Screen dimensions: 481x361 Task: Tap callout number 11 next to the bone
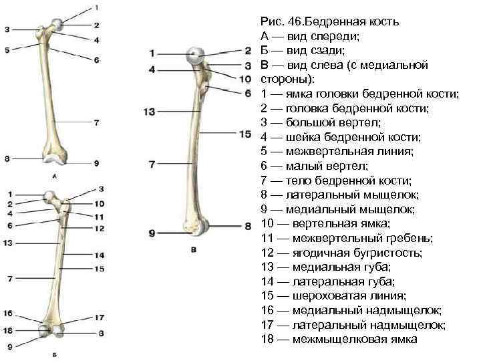[98, 216]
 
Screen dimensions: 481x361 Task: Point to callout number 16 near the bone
[7, 313]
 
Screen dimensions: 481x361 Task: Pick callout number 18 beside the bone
[7, 331]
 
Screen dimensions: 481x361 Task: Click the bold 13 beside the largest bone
[149, 111]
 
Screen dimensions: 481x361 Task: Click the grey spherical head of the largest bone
[196, 55]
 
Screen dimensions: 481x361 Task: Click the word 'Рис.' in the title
[272, 22]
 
